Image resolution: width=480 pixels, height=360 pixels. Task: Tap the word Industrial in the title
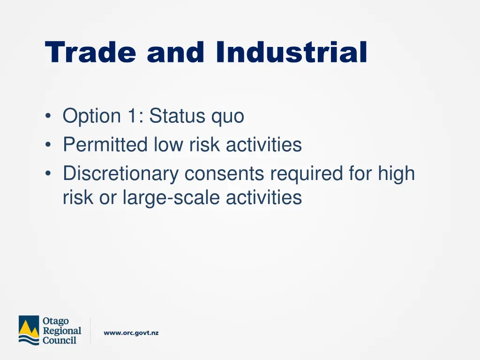[292, 52]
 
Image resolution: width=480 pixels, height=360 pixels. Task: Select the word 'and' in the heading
[176, 52]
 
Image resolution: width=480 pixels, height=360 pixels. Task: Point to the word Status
[178, 116]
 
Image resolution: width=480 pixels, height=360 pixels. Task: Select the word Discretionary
[121, 173]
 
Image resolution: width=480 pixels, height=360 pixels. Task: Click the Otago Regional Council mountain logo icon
[29, 330]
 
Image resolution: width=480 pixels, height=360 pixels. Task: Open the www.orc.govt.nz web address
[131, 333]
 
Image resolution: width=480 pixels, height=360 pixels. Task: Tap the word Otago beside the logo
[55, 322]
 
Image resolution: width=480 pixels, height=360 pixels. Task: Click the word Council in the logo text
[59, 340]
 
